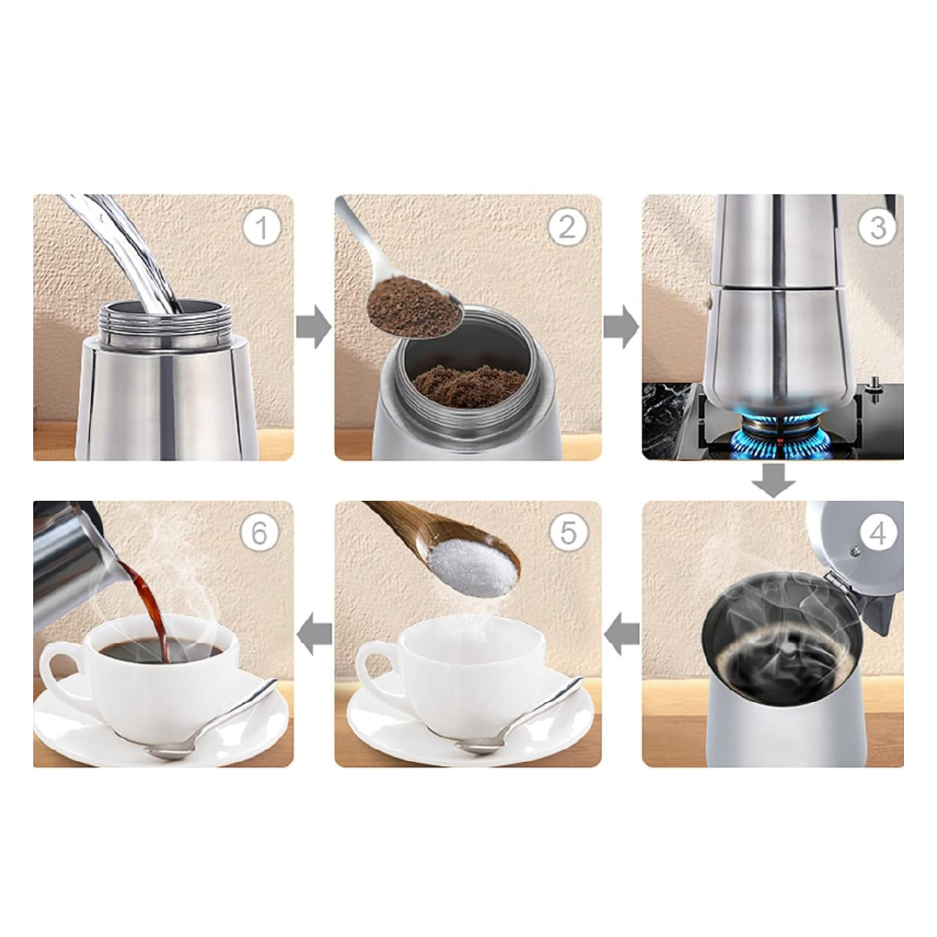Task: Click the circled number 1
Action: [x=262, y=228]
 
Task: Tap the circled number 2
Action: [x=567, y=227]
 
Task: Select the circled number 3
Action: [x=877, y=227]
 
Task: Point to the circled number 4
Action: [x=877, y=533]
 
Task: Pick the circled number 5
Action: [x=569, y=533]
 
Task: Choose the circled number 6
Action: [x=259, y=533]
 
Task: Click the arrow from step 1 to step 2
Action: [x=314, y=327]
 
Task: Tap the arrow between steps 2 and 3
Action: [x=621, y=327]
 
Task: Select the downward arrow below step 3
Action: [x=773, y=481]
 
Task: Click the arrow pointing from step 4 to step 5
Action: [x=621, y=634]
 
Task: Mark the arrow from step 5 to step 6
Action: [x=315, y=634]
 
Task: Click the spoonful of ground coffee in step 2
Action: [x=413, y=308]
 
